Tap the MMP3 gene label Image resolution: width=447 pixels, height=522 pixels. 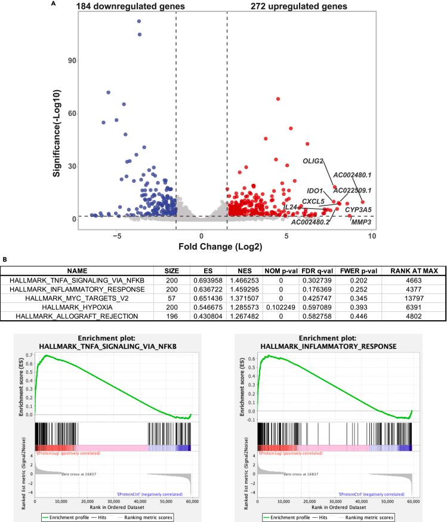coord(360,222)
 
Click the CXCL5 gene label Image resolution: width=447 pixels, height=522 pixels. coord(313,201)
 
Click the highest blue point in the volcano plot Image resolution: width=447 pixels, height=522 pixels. coord(139,22)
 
